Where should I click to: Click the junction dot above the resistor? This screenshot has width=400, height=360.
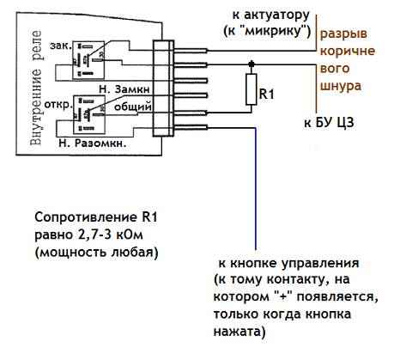[x=251, y=64]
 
